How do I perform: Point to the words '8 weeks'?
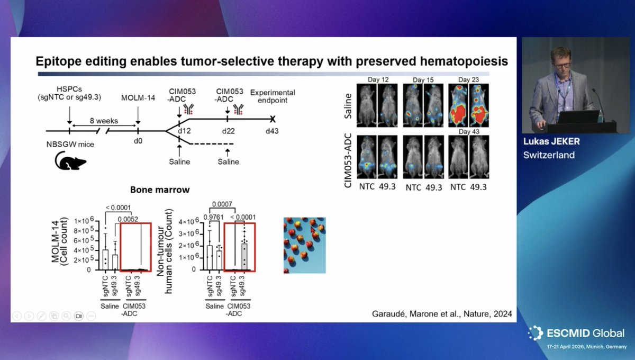[103, 121]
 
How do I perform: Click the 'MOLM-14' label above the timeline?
[137, 97]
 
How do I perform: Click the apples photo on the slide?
[304, 245]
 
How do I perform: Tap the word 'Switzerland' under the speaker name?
[549, 155]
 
